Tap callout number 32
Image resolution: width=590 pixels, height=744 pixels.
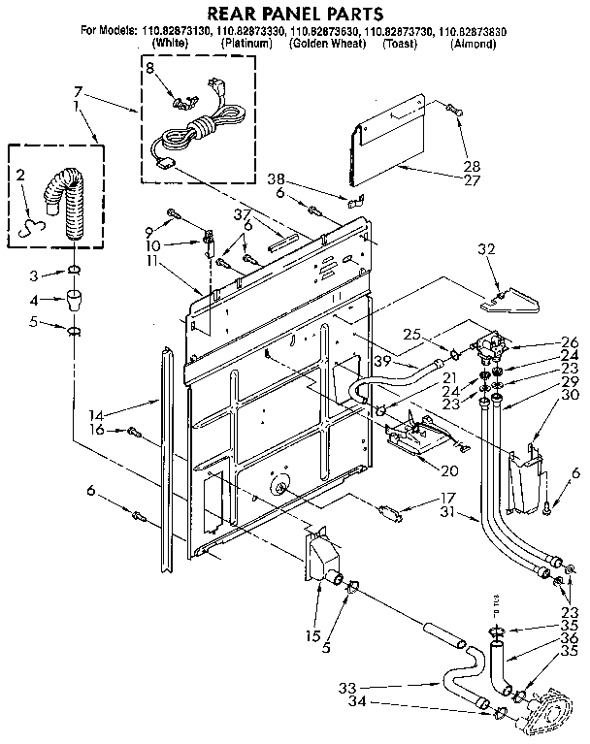click(486, 250)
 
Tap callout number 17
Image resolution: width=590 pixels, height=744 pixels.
click(420, 498)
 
